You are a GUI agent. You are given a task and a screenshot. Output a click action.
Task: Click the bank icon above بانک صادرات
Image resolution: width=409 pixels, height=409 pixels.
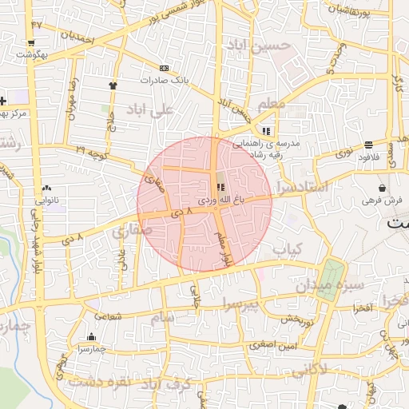[x=164, y=69]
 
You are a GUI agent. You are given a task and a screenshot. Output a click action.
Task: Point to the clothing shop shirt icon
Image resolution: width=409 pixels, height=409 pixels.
[x=113, y=85]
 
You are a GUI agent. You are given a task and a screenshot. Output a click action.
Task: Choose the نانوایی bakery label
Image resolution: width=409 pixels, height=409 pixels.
[x=46, y=200]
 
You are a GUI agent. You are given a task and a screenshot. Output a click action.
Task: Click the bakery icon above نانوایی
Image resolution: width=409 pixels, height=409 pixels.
[x=46, y=189]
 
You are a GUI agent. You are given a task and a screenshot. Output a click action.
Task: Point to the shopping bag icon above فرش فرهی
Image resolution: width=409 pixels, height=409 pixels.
[x=383, y=188]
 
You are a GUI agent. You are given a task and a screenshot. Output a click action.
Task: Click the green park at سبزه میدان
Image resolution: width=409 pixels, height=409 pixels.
[x=328, y=280]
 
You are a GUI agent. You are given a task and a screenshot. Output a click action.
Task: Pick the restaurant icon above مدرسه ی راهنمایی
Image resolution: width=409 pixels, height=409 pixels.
[x=266, y=129]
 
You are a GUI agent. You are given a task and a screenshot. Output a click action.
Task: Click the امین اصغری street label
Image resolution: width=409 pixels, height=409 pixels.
[x=272, y=345]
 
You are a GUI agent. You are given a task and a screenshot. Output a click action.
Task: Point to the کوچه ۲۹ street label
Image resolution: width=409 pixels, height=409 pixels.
[x=91, y=151]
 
